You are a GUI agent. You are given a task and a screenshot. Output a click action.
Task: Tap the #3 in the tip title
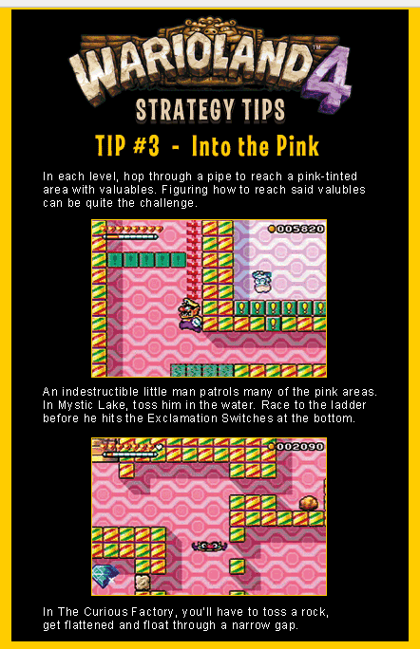[x=146, y=146]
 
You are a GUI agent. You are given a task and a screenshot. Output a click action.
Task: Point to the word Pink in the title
[x=297, y=146]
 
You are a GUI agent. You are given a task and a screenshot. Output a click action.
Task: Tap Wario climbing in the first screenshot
[x=189, y=315]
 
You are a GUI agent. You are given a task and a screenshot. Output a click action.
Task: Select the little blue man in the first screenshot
[x=261, y=282]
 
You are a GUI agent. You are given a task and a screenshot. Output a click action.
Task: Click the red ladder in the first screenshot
[x=194, y=259]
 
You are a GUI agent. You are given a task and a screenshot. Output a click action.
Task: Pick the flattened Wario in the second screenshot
[x=209, y=546]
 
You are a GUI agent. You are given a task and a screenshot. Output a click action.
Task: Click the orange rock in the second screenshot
[x=309, y=503]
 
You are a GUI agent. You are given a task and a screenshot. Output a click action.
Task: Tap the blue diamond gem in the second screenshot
[x=105, y=575]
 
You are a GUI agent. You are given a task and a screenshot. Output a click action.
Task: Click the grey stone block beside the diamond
[x=143, y=582]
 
